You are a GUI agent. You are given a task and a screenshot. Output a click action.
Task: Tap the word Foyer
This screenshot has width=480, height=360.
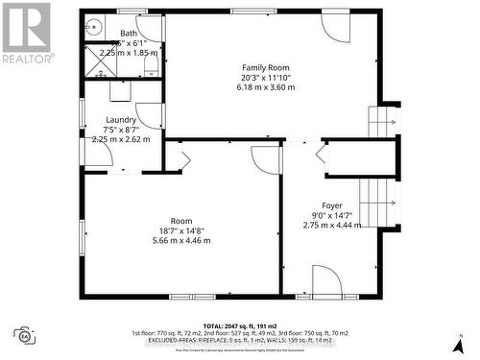(332, 205)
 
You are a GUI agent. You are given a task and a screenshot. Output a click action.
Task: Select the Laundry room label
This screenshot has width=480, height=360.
(121, 120)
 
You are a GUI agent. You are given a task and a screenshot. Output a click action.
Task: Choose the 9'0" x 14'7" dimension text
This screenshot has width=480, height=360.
(332, 215)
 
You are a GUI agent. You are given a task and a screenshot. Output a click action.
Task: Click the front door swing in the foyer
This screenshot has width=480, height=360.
(326, 280)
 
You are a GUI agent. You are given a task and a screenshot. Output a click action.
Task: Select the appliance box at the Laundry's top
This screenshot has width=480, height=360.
(122, 91)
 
